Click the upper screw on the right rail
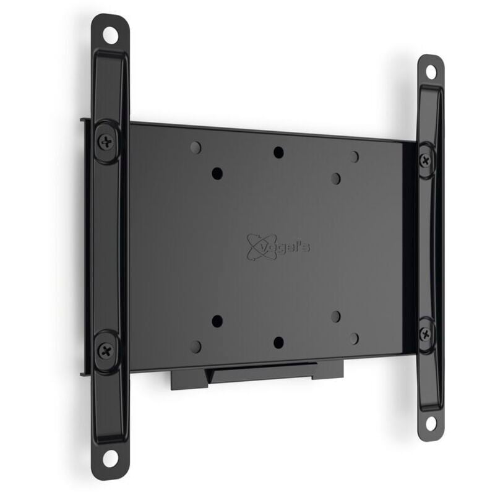pyautogui.click(x=425, y=158)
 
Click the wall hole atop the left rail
pyautogui.click(x=110, y=35)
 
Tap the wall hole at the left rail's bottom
pyautogui.click(x=110, y=458)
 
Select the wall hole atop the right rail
pyautogui.click(x=430, y=72)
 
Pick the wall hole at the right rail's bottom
pyautogui.click(x=430, y=423)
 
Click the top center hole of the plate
pyautogui.click(x=278, y=152)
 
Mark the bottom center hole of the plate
pyautogui.click(x=278, y=342)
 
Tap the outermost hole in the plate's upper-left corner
pyautogui.click(x=196, y=147)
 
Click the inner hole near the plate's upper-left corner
pyautogui.click(x=217, y=173)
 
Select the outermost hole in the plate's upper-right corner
pyautogui.click(x=354, y=157)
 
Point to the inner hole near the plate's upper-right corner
pyautogui.click(x=335, y=178)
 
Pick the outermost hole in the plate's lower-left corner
pyautogui.click(x=196, y=346)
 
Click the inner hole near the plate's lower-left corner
pyautogui.click(x=217, y=321)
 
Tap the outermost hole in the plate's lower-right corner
pyautogui.click(x=354, y=338)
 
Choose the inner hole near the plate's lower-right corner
pyautogui.click(x=335, y=316)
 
